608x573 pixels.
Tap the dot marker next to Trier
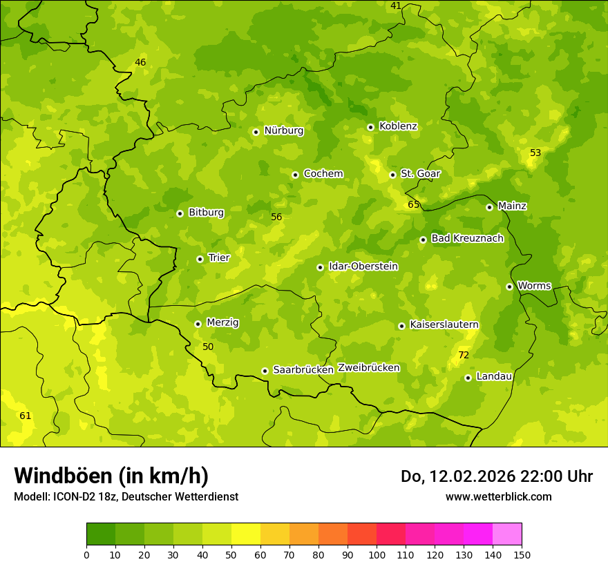200,259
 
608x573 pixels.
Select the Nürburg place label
283,130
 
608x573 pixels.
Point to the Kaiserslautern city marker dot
401,326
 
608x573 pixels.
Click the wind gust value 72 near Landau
464,355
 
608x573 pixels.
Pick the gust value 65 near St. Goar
414,204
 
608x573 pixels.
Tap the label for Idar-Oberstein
363,266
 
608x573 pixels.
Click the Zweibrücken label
368,368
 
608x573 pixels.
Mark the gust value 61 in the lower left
26,416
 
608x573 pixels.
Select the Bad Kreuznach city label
467,238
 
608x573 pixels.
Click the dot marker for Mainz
489,207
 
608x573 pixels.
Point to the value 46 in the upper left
140,62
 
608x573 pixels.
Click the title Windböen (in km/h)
111,476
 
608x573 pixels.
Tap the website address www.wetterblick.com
498,496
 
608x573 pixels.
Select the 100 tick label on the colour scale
377,554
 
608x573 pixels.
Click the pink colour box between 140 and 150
507,534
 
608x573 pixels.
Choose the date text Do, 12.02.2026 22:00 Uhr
496,476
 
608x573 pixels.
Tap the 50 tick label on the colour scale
231,554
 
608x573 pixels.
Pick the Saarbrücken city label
303,370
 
